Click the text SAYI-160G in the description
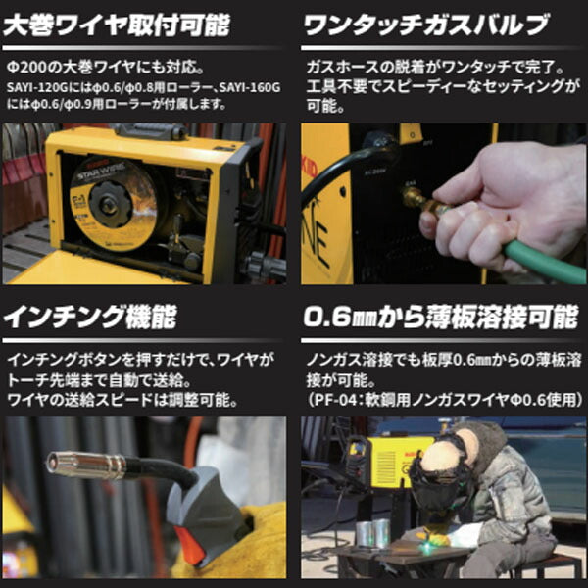(x=250, y=87)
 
